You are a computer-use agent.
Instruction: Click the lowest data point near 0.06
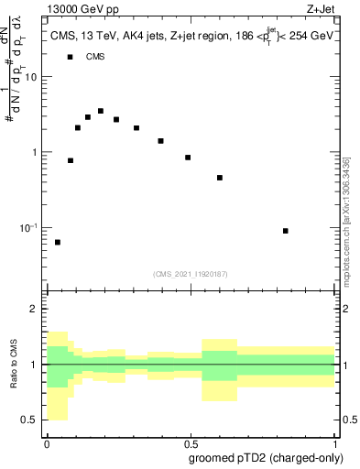(58, 242)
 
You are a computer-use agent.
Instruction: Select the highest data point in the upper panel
(101, 111)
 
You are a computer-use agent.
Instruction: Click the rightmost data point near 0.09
(286, 231)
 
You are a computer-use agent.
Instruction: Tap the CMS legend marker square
(70, 57)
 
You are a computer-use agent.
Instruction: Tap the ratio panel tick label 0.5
(31, 420)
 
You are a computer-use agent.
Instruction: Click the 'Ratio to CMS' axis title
(13, 365)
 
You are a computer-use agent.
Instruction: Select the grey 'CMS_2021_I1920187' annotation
(191, 273)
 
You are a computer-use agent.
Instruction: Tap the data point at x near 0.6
(220, 178)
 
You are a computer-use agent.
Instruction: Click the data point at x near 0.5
(188, 158)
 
